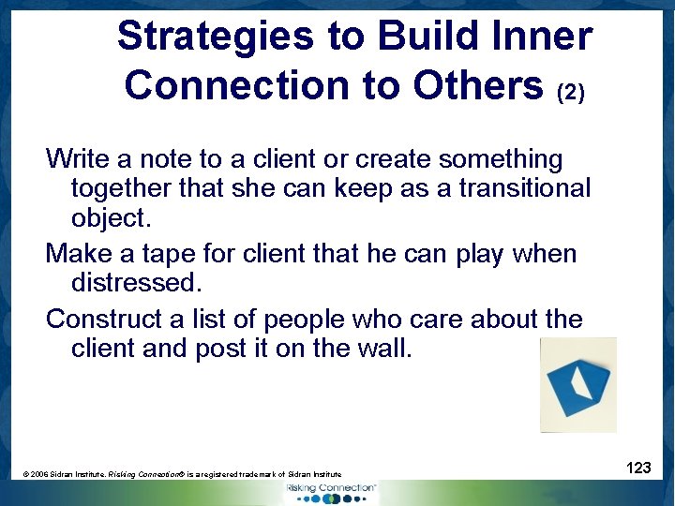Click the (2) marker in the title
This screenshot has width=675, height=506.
pos(571,94)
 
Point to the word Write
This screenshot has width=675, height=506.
pos(79,159)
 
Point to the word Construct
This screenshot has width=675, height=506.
pos(104,319)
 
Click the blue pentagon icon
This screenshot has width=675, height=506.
pos(577,384)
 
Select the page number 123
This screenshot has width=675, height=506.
pos(638,468)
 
